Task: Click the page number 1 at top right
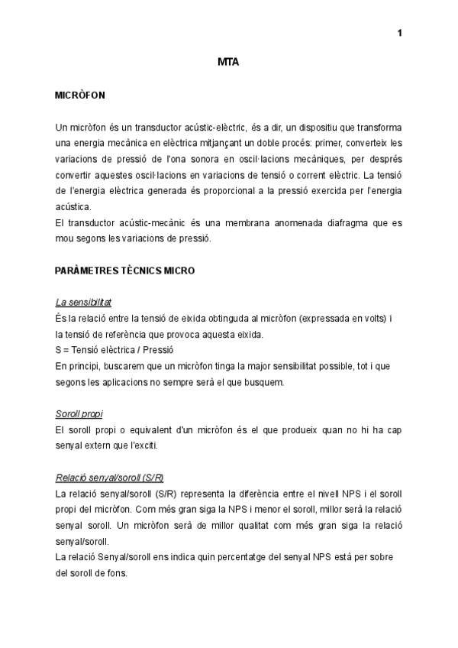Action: click(x=400, y=32)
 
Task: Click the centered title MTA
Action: click(x=229, y=63)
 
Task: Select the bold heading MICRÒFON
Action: click(x=80, y=96)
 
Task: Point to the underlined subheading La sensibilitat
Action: click(x=84, y=303)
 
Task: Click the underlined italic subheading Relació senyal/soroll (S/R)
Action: click(x=110, y=478)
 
